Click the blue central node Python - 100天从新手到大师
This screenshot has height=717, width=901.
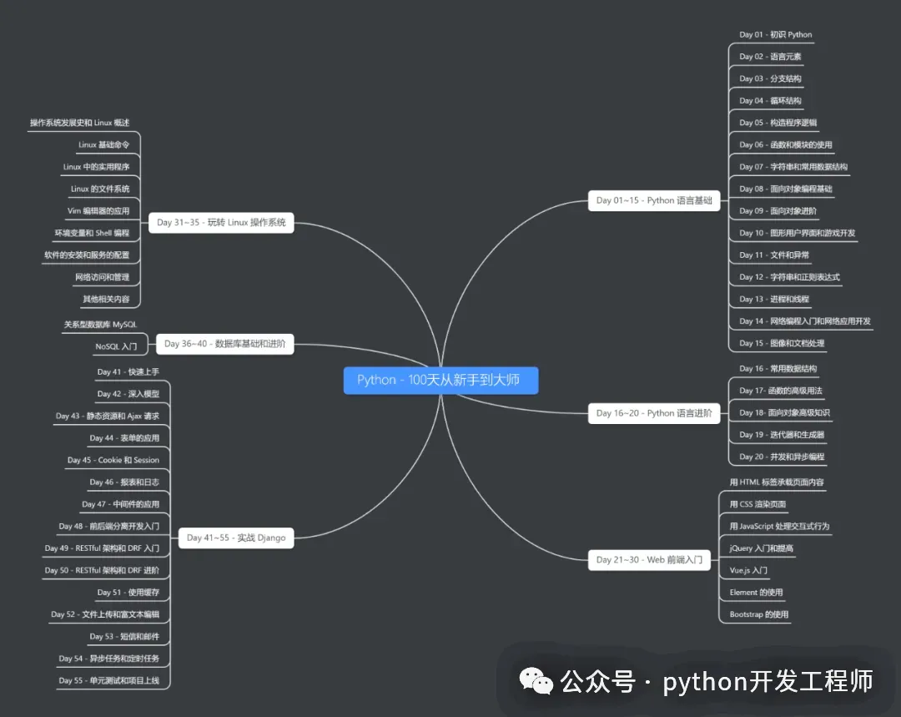click(x=439, y=380)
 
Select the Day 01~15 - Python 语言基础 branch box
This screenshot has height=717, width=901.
click(x=654, y=200)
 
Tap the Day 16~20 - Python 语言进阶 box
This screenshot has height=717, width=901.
click(x=654, y=413)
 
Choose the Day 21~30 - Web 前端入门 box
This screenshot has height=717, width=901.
click(x=649, y=559)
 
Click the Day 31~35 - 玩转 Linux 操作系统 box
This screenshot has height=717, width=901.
click(x=221, y=223)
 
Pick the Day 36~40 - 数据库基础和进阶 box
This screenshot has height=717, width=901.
click(x=224, y=343)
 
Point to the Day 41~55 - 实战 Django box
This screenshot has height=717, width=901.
click(x=236, y=538)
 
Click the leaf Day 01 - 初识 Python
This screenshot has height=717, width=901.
click(x=775, y=35)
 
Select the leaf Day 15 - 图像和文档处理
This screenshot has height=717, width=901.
click(x=782, y=343)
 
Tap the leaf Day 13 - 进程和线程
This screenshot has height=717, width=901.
click(x=774, y=299)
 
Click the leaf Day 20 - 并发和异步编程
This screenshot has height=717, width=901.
click(x=782, y=457)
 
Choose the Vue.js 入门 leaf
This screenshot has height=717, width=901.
click(x=748, y=570)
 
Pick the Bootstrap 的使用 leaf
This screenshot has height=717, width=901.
click(x=758, y=614)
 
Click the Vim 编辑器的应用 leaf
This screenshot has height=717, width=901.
click(x=98, y=210)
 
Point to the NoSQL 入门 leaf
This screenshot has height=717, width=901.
click(x=116, y=346)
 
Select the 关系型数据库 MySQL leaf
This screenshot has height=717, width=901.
click(x=100, y=324)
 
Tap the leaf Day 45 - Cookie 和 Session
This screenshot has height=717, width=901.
click(x=113, y=460)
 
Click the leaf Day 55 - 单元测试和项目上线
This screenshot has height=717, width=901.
click(x=108, y=680)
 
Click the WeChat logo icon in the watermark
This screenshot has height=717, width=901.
click(x=536, y=681)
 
